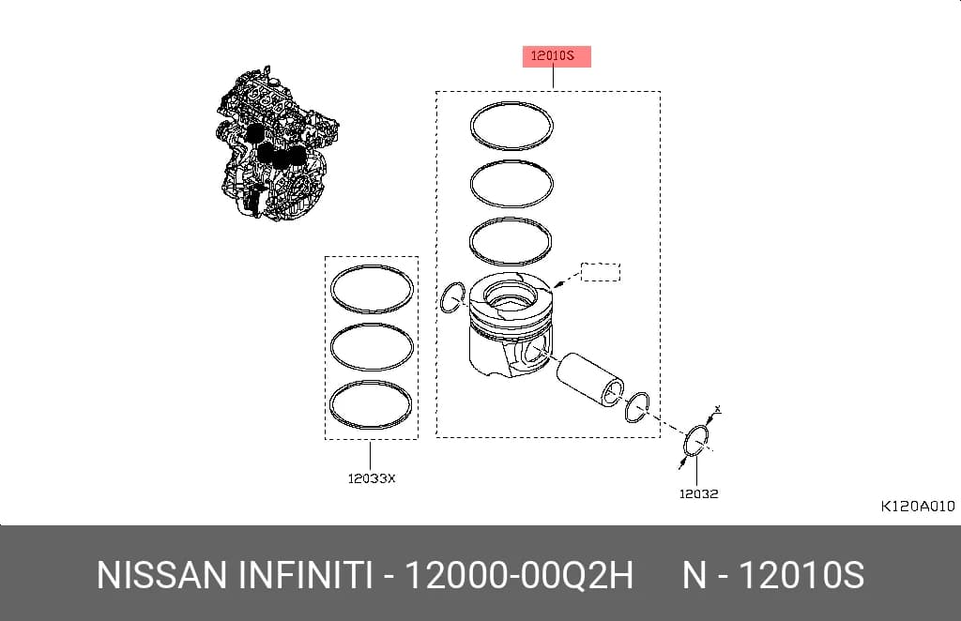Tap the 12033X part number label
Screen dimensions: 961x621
point(372,479)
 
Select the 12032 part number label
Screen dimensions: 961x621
point(698,493)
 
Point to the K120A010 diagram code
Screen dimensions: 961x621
point(918,507)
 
